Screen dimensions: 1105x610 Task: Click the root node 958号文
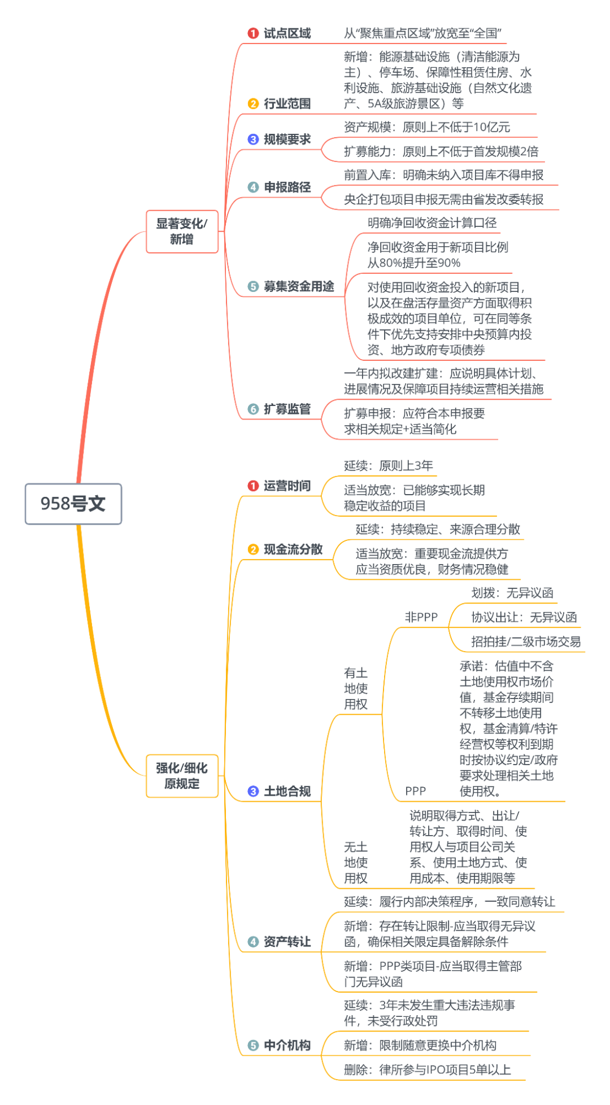click(73, 504)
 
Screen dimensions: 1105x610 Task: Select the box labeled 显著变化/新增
click(182, 232)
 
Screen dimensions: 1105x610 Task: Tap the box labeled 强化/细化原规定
click(182, 776)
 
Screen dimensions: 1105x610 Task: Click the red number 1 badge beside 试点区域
click(253, 33)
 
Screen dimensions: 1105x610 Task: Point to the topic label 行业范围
click(287, 103)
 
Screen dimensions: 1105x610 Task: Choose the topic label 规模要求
click(287, 139)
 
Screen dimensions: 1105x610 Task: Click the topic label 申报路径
click(287, 187)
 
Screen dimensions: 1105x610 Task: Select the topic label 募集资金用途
click(298, 286)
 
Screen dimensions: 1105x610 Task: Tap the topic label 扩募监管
click(287, 409)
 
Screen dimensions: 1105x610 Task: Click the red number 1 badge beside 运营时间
click(253, 486)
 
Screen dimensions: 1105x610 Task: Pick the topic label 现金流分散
click(293, 549)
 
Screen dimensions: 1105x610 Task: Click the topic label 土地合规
click(287, 791)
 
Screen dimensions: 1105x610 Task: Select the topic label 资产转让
click(287, 941)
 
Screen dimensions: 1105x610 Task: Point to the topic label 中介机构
click(287, 1045)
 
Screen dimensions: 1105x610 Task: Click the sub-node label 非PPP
click(421, 617)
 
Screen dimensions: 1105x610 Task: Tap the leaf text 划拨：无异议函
click(512, 593)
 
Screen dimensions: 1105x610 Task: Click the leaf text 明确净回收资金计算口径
click(432, 223)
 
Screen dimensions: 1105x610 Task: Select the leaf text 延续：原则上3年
click(389, 465)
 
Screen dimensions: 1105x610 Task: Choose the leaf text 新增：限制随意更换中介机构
click(420, 1045)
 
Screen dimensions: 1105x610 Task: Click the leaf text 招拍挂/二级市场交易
click(526, 641)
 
